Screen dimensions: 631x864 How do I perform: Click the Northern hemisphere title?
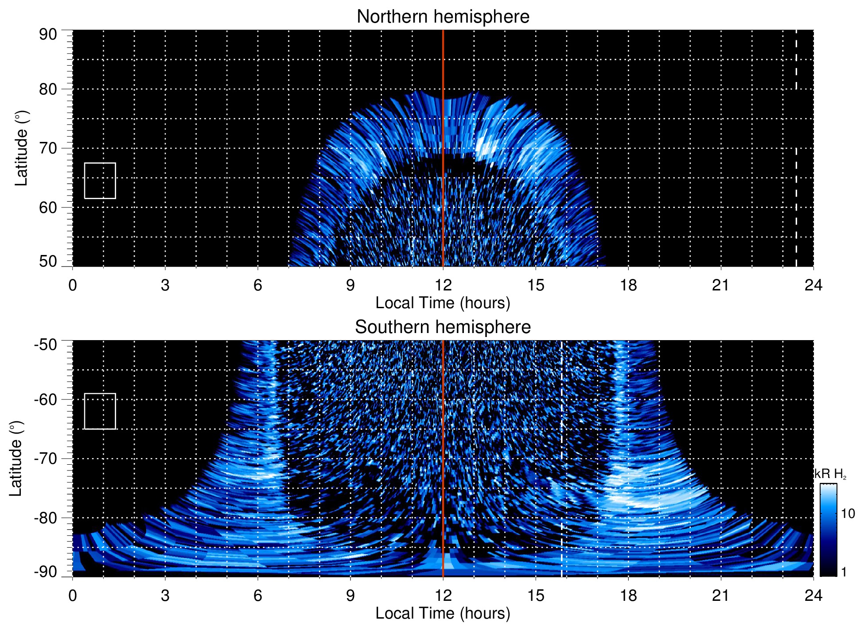[x=443, y=17]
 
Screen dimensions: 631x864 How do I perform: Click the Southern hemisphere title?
[x=443, y=327]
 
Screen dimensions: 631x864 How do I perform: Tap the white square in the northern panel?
[x=100, y=180]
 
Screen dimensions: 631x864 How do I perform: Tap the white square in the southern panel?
[x=100, y=411]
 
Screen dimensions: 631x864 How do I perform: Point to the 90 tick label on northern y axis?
[x=48, y=35]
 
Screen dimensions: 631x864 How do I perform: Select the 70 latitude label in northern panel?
[x=48, y=149]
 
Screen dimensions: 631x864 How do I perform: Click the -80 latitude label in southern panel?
[x=46, y=518]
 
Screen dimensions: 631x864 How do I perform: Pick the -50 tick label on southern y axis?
[x=46, y=345]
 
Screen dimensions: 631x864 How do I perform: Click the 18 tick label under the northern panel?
[x=628, y=285]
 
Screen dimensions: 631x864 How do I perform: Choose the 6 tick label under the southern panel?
[x=257, y=596]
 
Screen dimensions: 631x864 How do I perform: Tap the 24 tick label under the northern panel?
[x=813, y=285]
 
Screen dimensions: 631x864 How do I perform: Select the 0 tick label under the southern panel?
[x=73, y=596]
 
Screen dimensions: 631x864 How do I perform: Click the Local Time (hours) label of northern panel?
[x=443, y=303]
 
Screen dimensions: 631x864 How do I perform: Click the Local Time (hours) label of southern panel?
[x=443, y=613]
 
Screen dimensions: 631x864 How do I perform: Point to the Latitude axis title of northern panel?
[x=21, y=149]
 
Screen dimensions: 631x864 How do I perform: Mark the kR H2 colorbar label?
[x=830, y=474]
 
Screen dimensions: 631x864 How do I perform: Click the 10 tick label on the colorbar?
[x=848, y=513]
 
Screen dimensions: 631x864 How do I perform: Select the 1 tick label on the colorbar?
[x=844, y=572]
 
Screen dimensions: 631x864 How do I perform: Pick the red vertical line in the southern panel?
[x=443, y=443]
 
